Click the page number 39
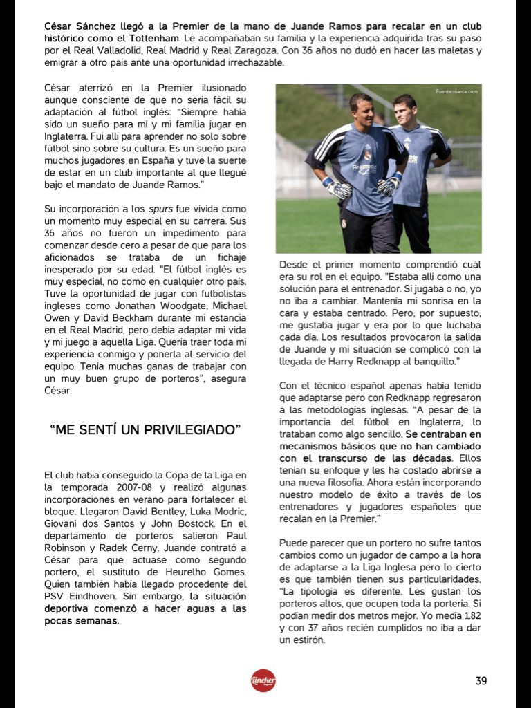tap(481, 681)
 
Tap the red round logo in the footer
tap(263, 680)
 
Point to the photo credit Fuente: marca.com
tap(456, 91)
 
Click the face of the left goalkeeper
tap(362, 111)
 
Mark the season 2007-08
tap(136, 487)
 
